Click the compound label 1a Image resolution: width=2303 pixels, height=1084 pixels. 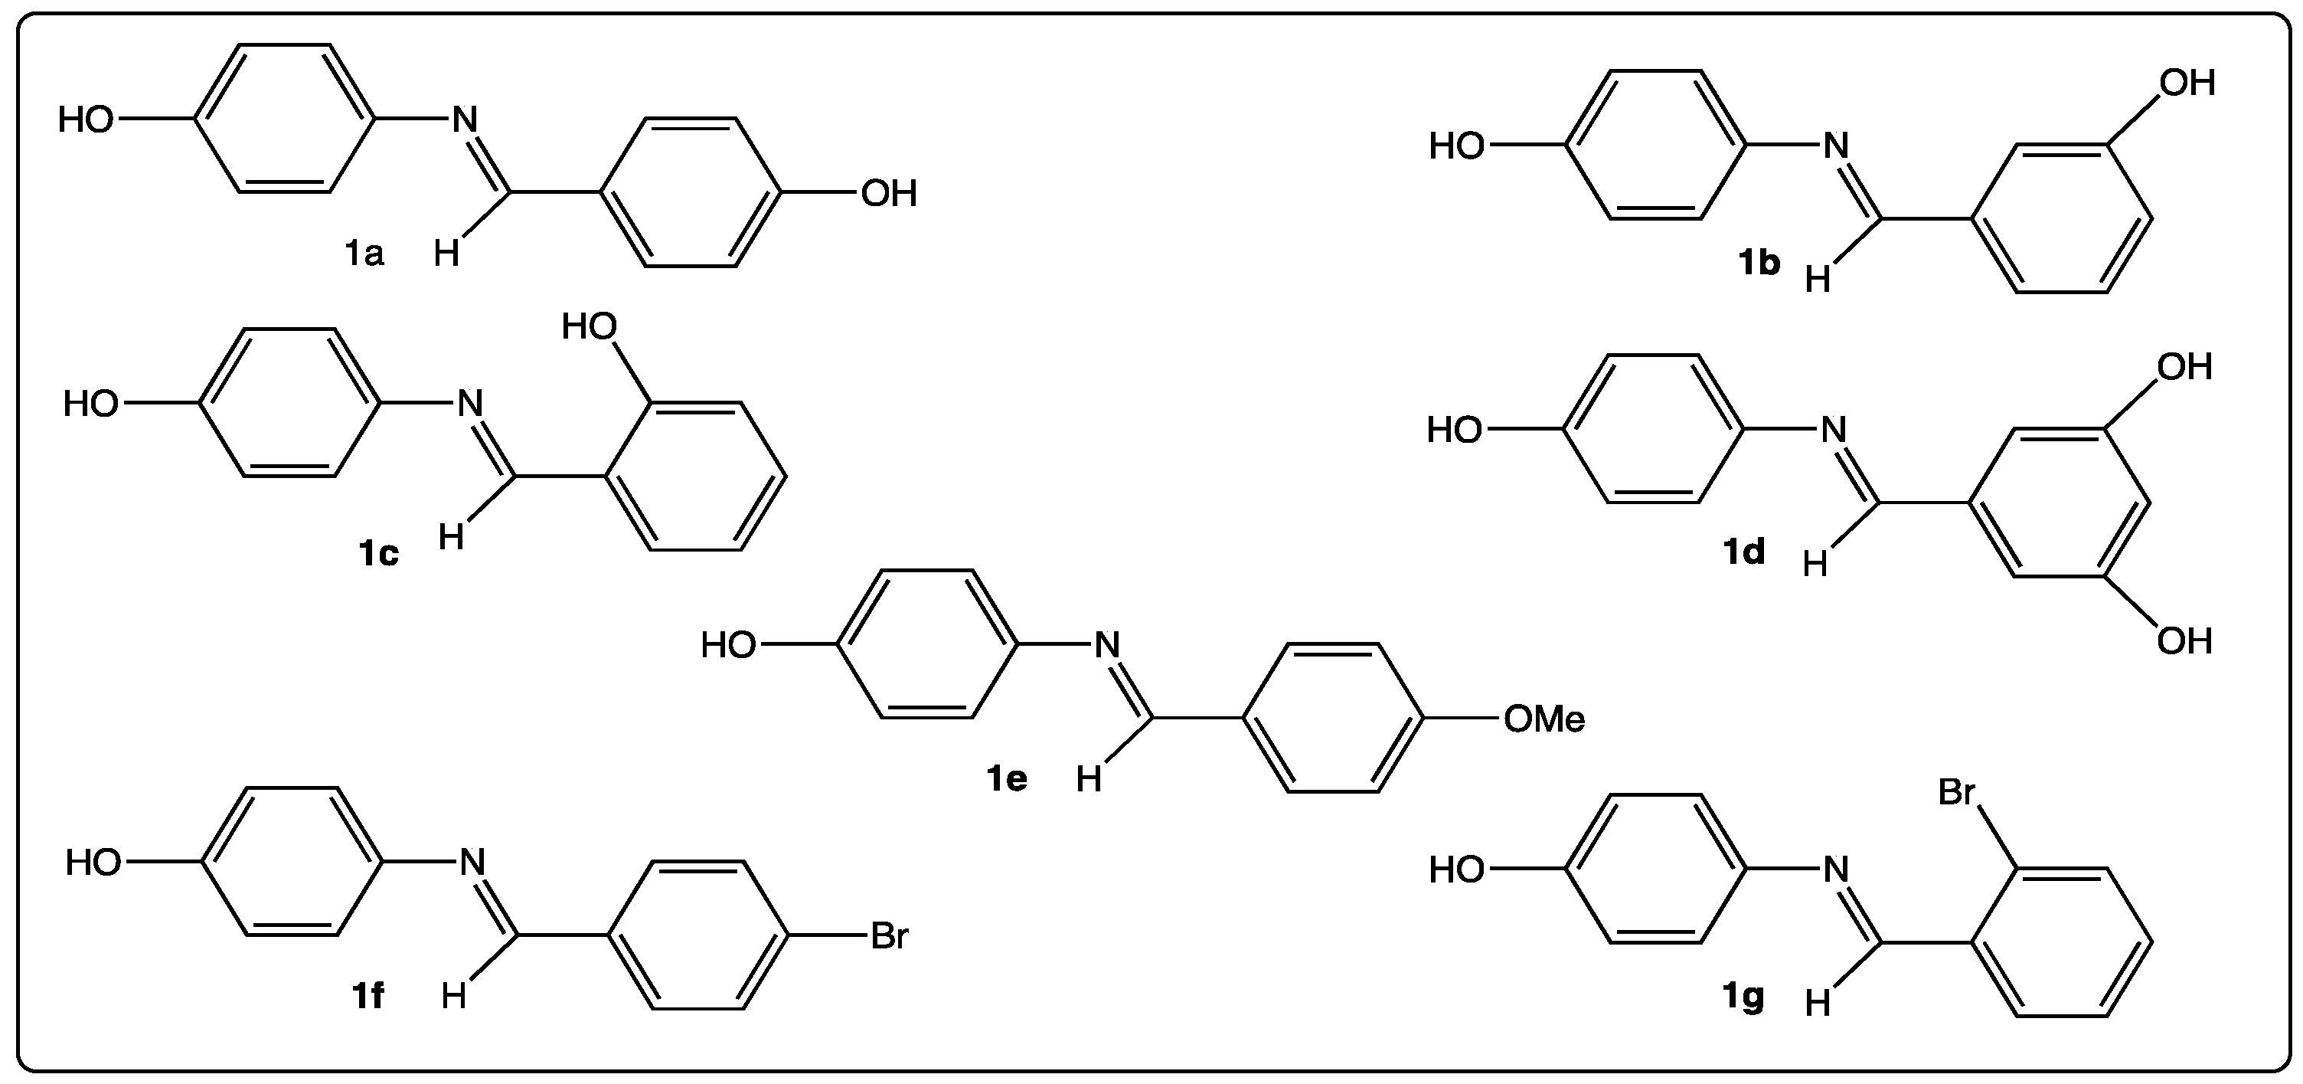(x=364, y=255)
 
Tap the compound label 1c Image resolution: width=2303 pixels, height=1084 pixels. (x=378, y=555)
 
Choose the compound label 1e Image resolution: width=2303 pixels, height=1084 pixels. (x=1007, y=779)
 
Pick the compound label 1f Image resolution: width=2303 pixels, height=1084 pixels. (x=367, y=995)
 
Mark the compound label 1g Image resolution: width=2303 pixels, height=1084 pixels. (x=1743, y=995)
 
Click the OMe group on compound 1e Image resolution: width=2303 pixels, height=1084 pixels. (x=1544, y=719)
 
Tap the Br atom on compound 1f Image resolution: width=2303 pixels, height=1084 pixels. (x=889, y=936)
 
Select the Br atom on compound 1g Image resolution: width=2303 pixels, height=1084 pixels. (x=1956, y=792)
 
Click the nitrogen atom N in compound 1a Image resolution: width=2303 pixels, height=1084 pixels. (x=465, y=120)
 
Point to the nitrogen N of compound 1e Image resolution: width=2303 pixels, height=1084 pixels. (x=1107, y=645)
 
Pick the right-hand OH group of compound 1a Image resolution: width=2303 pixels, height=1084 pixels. (x=889, y=194)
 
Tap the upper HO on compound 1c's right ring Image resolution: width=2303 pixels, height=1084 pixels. (x=590, y=327)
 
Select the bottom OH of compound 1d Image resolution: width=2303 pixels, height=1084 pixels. (x=2184, y=641)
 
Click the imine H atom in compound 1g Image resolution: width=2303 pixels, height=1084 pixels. (x=1818, y=1004)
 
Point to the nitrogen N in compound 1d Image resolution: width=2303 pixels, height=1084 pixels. (x=1834, y=431)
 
